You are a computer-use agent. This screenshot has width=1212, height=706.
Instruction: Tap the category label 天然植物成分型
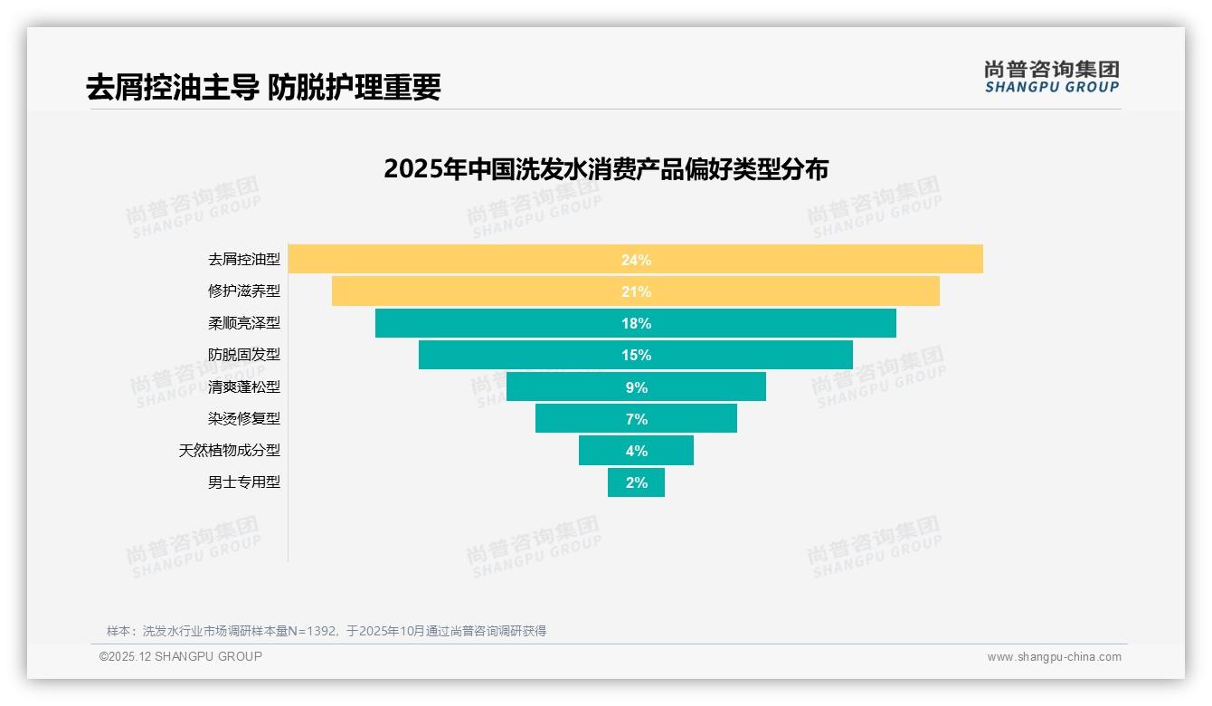(x=230, y=450)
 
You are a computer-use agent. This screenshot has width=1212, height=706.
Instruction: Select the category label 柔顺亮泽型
(x=244, y=323)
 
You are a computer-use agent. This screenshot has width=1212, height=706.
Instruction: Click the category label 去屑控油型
(x=244, y=259)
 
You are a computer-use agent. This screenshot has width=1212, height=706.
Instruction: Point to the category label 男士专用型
(x=244, y=482)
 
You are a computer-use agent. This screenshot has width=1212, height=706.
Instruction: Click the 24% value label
(x=636, y=260)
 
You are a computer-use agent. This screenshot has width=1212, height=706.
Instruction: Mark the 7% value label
(x=636, y=419)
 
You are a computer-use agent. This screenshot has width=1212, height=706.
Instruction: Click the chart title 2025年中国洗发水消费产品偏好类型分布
(x=605, y=169)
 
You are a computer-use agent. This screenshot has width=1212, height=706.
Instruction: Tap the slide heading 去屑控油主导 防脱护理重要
(x=263, y=87)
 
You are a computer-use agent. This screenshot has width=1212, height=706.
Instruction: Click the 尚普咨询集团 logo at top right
(x=1052, y=76)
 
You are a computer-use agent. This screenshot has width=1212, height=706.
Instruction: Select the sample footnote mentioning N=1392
(x=327, y=631)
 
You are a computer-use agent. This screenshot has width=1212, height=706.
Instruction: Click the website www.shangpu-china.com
(x=1054, y=657)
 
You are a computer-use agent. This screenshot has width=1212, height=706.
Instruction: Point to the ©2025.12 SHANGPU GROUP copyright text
(x=181, y=656)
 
